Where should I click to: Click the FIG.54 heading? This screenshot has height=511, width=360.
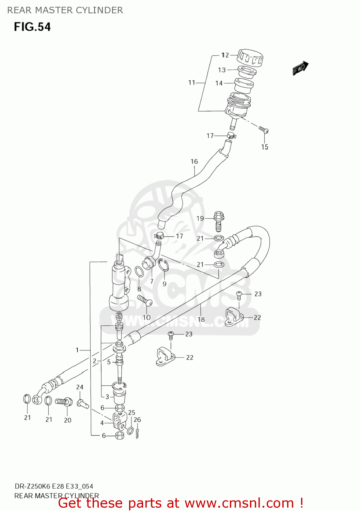tap(32, 27)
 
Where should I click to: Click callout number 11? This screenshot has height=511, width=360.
tap(192, 82)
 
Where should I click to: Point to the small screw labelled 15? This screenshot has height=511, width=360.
tap(264, 129)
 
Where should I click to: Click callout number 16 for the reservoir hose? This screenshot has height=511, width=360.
tap(194, 161)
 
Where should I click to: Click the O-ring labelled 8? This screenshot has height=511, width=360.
tap(139, 272)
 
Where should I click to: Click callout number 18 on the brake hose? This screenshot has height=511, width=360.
tap(201, 319)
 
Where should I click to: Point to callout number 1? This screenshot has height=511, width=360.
tap(77, 350)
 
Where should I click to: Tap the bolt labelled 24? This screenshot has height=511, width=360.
tap(82, 404)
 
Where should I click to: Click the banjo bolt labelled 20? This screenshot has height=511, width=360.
tap(64, 402)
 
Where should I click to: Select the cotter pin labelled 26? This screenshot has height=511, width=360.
tap(137, 433)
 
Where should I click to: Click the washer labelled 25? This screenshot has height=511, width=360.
tap(130, 431)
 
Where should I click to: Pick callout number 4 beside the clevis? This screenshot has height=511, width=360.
tap(102, 423)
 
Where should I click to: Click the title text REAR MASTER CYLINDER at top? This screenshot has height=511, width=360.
tap(65, 10)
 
